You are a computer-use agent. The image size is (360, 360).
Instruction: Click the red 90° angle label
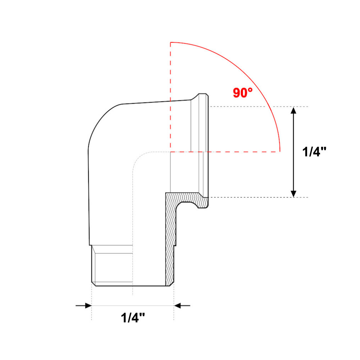[x=243, y=93]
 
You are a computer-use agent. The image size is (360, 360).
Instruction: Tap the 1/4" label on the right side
[x=314, y=152]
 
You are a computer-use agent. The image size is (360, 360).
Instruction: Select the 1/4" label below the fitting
[x=133, y=318]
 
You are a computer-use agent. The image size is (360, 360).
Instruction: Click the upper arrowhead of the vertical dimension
[x=293, y=110]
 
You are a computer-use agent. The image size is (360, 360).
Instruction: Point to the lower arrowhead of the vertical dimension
[x=293, y=194]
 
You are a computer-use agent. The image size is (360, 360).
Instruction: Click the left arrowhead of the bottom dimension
[x=89, y=306]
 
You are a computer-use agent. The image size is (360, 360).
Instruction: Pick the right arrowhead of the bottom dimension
[x=177, y=306]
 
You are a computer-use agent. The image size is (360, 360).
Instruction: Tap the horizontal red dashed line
[x=225, y=152]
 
